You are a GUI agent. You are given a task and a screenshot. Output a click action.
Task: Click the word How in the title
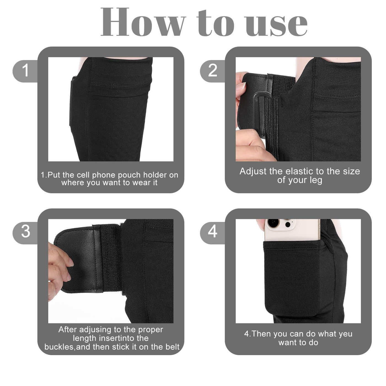pos(143,22)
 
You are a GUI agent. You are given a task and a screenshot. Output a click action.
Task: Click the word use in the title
pos(276,25)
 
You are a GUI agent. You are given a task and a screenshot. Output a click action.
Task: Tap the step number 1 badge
pos(25,71)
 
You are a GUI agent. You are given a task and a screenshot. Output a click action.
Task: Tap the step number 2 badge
pos(213,71)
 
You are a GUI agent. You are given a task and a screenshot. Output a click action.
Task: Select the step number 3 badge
pos(25,233)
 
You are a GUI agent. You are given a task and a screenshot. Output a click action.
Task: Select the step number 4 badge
pos(213,233)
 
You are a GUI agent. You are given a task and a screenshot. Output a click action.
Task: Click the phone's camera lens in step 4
pos(273,223)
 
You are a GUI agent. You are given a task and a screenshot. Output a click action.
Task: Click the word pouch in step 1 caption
pos(128,175)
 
